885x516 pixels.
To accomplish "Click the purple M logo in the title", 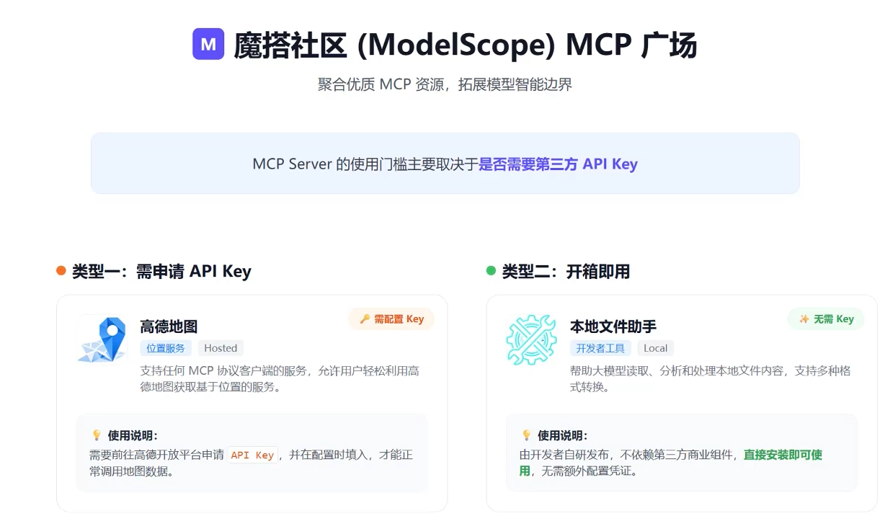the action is pyautogui.click(x=208, y=44).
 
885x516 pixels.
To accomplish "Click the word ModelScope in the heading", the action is pyautogui.click(x=456, y=45).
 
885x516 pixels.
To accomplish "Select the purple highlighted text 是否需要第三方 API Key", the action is pyautogui.click(x=558, y=164).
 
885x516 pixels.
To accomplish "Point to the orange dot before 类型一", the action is pyautogui.click(x=61, y=271).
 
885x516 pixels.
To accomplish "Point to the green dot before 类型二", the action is pyautogui.click(x=491, y=271).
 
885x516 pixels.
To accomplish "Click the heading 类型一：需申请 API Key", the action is pyautogui.click(x=161, y=272).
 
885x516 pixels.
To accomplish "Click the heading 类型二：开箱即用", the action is pyautogui.click(x=566, y=272).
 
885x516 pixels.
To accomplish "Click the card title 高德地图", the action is pyautogui.click(x=169, y=326).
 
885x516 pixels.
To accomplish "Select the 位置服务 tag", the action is pyautogui.click(x=166, y=348).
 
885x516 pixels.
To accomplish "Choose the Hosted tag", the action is pyautogui.click(x=221, y=348).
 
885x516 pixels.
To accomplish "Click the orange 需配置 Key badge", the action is pyautogui.click(x=391, y=319).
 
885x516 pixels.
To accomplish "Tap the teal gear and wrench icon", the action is pyautogui.click(x=531, y=339).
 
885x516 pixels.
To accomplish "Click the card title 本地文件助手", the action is pyautogui.click(x=613, y=326).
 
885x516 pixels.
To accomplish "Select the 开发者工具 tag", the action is pyautogui.click(x=600, y=348).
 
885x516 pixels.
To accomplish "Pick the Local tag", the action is pyautogui.click(x=655, y=348).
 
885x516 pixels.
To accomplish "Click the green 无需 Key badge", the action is pyautogui.click(x=826, y=319).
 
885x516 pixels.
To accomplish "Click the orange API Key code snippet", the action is pyautogui.click(x=252, y=455).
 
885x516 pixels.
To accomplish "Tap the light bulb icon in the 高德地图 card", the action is pyautogui.click(x=97, y=435).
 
